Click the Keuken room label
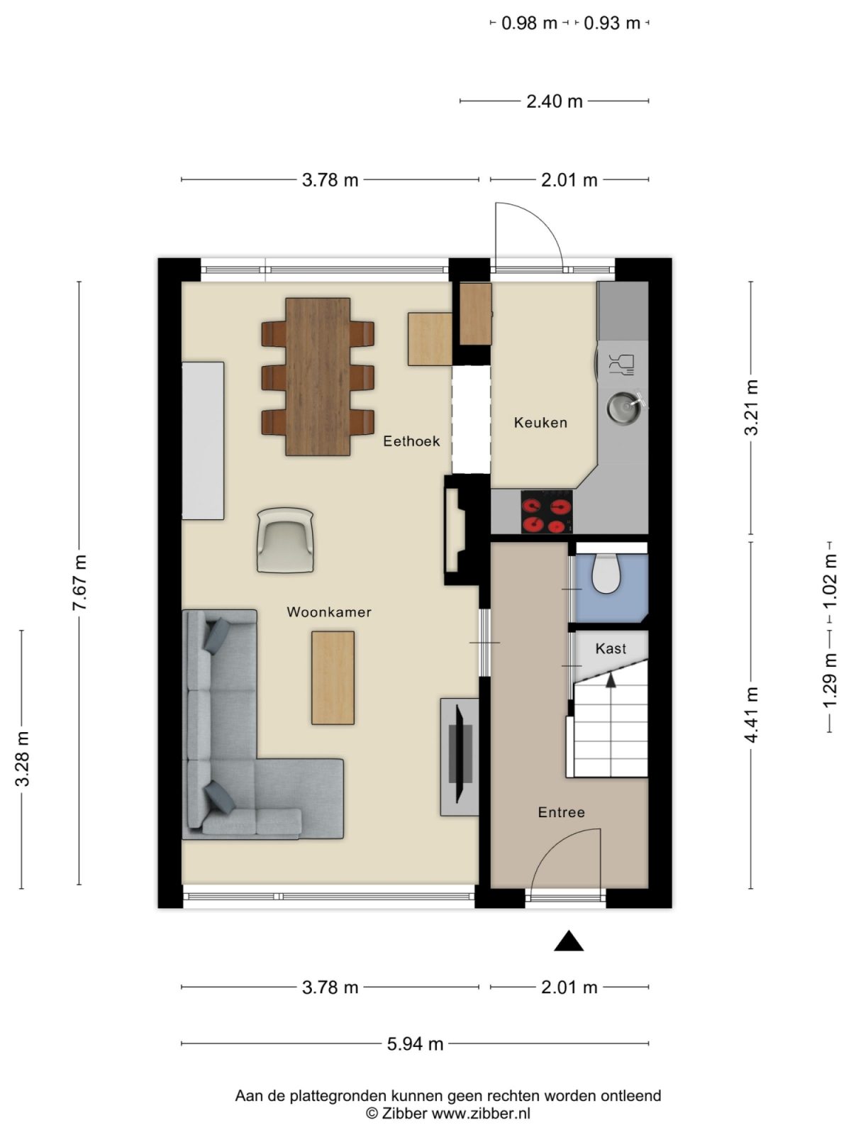coord(540,423)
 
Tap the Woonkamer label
coord(328,612)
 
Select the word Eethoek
coord(411,441)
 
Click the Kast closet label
coord(611,648)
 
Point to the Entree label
coord(561,812)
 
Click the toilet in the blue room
coord(607,574)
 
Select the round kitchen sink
coord(623,406)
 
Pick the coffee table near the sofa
coord(333,677)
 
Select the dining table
coord(318,376)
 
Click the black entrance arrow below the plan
coord(568,941)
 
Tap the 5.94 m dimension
coord(415,1043)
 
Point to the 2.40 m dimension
coord(554,101)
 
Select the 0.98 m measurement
coord(529,23)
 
